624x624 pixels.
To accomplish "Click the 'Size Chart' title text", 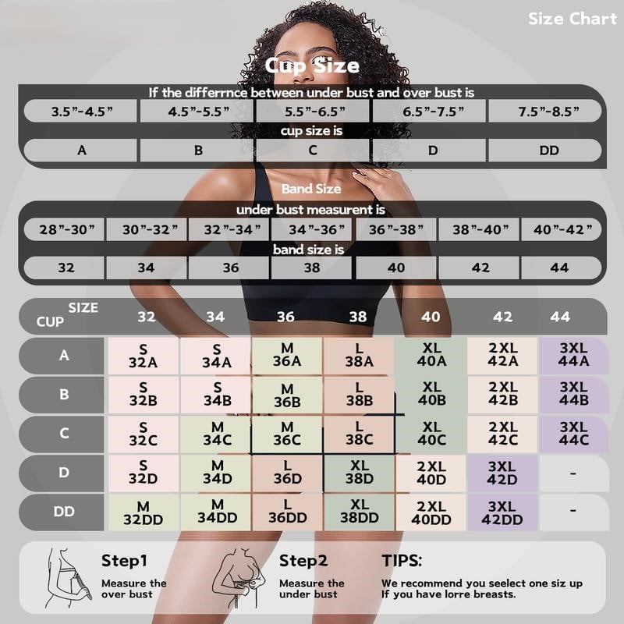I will [572, 19].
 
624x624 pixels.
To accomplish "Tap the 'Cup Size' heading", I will [312, 66].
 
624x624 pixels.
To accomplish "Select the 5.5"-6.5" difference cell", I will [312, 111].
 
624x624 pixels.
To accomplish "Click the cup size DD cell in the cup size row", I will [549, 150].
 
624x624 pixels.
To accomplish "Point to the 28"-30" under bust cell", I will [62, 229].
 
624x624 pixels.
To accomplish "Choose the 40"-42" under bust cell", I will [562, 229].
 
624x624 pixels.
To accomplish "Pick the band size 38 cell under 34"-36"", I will [312, 268].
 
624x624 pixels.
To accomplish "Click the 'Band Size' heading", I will [312, 189].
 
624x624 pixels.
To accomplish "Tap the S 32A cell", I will [144, 356].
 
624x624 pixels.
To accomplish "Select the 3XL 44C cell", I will [573, 434].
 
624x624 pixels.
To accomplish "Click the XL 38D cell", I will [360, 473].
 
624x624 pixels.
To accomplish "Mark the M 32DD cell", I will [144, 512].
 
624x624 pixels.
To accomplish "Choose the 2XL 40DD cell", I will [431, 512].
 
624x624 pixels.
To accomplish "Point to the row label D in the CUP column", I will [64, 473].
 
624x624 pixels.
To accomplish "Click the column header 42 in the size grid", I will [503, 317].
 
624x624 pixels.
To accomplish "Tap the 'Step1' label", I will [124, 560].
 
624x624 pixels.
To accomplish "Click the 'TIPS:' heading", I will [402, 560].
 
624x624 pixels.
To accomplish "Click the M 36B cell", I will [287, 395].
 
